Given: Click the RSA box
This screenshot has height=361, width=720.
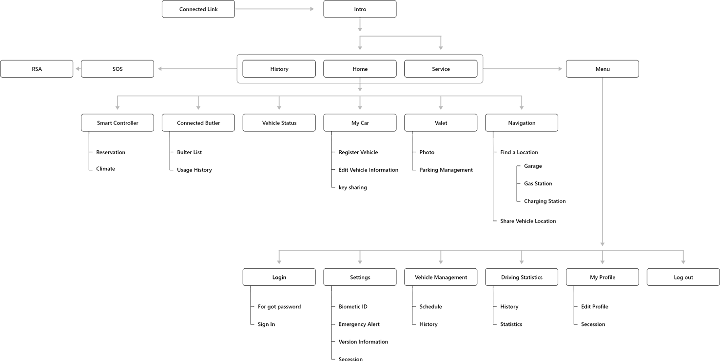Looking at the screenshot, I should [37, 69].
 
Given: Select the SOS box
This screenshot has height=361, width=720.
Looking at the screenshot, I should [117, 69].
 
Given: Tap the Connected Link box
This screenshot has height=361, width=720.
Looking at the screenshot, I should [198, 9].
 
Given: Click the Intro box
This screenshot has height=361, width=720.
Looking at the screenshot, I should [360, 9].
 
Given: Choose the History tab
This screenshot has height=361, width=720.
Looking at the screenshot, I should [279, 69].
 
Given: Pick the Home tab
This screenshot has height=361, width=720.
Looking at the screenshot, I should [360, 69].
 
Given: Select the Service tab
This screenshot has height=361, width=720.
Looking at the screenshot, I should [441, 69].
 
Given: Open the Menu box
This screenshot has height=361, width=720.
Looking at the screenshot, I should [603, 69].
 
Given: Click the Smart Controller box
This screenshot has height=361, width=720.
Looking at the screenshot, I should [117, 123].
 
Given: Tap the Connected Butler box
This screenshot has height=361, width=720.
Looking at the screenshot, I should [198, 123].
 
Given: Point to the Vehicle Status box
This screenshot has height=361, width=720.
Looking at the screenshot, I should [279, 123].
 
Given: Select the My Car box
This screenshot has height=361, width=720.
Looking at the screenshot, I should [360, 123].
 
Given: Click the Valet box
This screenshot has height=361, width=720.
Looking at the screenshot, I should [441, 123].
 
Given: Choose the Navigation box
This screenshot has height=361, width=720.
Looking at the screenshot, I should [522, 123].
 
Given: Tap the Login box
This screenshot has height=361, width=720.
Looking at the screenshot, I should [279, 277].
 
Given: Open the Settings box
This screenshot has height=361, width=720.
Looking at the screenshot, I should [360, 277].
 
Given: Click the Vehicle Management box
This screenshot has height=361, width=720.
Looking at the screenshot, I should [441, 277].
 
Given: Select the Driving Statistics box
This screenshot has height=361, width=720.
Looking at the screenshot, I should [522, 277].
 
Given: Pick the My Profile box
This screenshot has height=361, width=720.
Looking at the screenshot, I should [603, 277].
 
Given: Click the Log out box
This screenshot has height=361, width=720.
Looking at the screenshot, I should [683, 277].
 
